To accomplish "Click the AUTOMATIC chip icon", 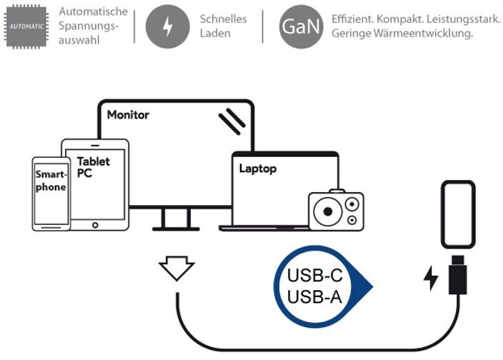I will (26, 26).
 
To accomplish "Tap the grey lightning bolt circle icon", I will (168, 26).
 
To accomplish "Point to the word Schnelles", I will (222, 19).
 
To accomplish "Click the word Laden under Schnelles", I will (214, 33).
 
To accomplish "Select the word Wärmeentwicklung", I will (434, 34).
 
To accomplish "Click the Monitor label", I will (128, 114).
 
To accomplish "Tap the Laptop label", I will (257, 169).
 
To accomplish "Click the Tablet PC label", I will (93, 167).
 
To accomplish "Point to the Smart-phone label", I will (51, 181).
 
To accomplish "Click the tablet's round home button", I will (94, 224).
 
